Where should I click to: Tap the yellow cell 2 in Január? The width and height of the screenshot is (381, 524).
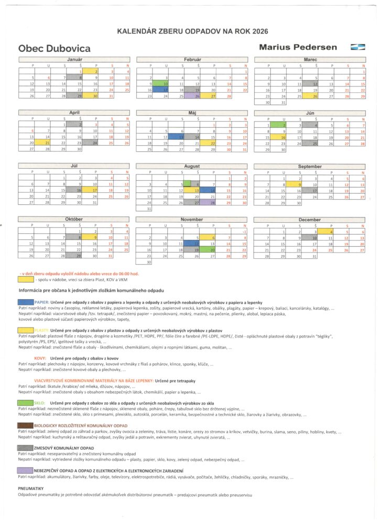pyautogui.click(x=90, y=71)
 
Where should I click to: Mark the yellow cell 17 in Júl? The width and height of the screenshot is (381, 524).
pyautogui.click(x=90, y=190)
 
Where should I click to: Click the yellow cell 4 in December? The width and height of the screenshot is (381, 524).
pyautogui.click(x=326, y=232)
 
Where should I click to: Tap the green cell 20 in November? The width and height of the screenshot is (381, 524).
pyautogui.click(x=208, y=250)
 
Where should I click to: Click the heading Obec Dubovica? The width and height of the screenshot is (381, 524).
pyautogui.click(x=55, y=48)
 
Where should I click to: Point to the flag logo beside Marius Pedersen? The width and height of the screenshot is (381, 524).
pyautogui.click(x=358, y=47)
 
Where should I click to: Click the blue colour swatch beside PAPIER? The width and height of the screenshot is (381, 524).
pyautogui.click(x=26, y=302)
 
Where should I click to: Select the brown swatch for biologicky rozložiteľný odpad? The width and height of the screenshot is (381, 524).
pyautogui.click(x=26, y=425)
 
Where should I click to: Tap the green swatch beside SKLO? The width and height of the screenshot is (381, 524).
pyautogui.click(x=26, y=402)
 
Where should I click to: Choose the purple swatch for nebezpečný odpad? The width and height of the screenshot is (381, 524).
pyautogui.click(x=26, y=471)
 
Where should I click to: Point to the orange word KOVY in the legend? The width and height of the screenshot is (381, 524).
pyautogui.click(x=40, y=358)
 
